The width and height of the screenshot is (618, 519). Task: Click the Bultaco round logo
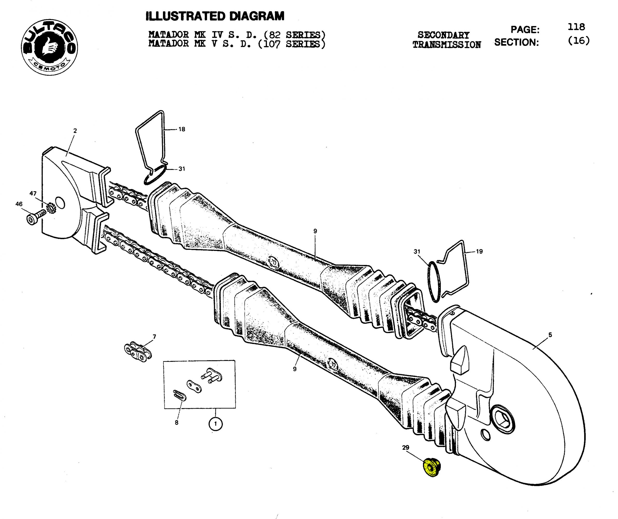click(49, 47)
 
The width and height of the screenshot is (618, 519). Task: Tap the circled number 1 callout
click(215, 424)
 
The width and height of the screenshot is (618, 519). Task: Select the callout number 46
click(19, 204)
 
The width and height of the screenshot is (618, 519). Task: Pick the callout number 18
click(182, 129)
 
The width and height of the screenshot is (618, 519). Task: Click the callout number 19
click(479, 251)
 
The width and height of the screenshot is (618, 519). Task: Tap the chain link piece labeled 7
click(138, 352)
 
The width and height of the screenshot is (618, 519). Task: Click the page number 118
click(576, 27)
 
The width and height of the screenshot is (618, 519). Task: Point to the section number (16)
click(579, 41)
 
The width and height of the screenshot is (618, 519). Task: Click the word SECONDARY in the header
click(443, 35)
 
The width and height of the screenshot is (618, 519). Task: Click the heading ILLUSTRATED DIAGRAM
click(215, 16)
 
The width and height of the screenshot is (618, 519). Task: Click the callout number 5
click(550, 335)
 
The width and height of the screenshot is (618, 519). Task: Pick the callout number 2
click(75, 131)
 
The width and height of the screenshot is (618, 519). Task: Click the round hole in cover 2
click(60, 203)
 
